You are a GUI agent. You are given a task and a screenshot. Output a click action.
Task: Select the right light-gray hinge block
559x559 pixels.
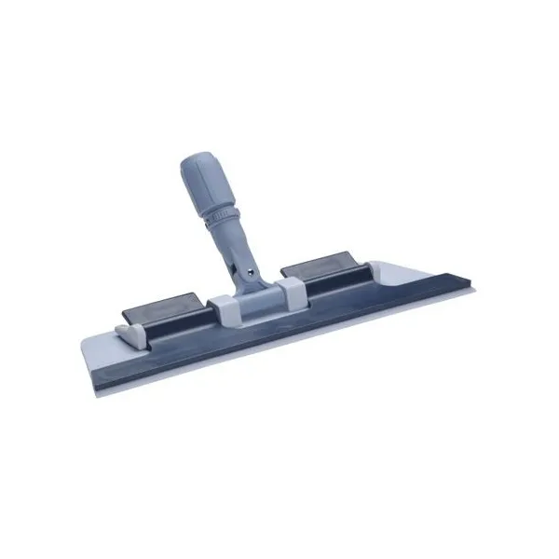pos(291,290)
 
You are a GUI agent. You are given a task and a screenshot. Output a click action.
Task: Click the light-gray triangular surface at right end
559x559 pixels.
pos(410,280)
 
